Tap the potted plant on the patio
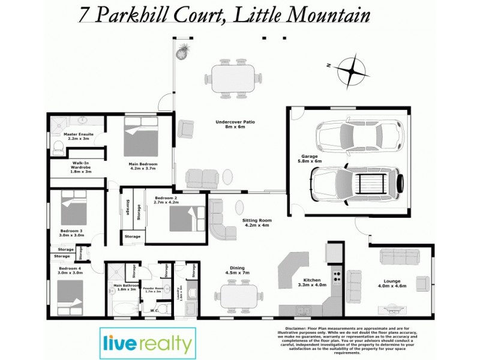pyautogui.click(x=182, y=51)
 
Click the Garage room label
pyautogui.click(x=311, y=158)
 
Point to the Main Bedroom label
pyautogui.click(x=143, y=166)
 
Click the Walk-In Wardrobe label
pyautogui.click(x=81, y=167)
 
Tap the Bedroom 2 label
pyautogui.click(x=166, y=200)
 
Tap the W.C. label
pyautogui.click(x=153, y=310)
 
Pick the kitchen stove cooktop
pyautogui.click(x=337, y=278)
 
